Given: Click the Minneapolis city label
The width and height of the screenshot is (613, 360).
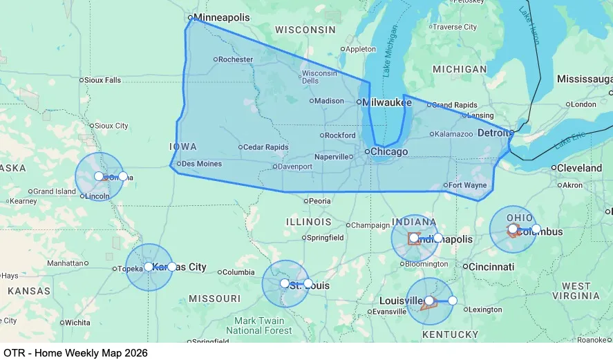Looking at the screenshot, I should point(221,17).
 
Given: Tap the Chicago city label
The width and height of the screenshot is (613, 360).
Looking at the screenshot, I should point(389,152).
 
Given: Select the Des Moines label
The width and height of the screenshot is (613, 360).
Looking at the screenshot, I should point(202,164).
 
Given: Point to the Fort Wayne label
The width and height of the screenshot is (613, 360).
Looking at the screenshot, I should point(468,185).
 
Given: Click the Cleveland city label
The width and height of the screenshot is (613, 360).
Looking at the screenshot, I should point(579,168).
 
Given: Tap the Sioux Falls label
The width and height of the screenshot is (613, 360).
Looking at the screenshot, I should point(103,80).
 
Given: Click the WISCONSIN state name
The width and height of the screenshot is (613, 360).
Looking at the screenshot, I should point(305,30).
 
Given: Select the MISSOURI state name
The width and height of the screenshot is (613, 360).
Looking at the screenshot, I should point(215,299).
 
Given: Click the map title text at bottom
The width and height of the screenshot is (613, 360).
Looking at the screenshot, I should point(75,352).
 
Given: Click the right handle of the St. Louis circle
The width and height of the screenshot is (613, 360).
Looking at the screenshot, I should point(308,283).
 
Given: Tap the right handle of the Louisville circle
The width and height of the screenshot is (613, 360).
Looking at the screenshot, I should point(453,301).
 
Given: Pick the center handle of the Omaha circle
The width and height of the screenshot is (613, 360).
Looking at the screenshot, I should point(99,176).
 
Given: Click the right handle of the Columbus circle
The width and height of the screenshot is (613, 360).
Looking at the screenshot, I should point(536,229).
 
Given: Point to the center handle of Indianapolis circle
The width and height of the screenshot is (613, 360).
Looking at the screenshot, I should point(414,238).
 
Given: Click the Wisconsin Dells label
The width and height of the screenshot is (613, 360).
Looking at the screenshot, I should point(319,77).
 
